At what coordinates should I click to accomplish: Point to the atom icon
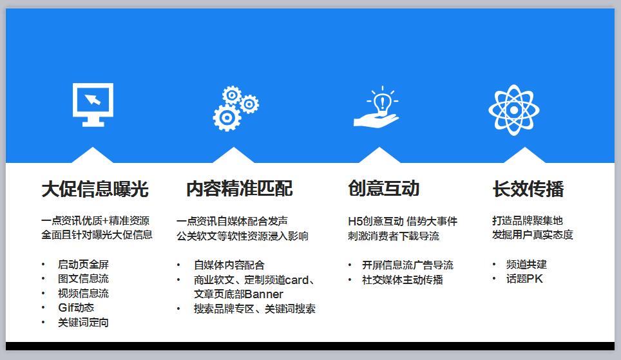tap(513, 109)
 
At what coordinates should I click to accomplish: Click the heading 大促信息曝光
tap(95, 189)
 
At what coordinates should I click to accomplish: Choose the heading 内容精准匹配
tap(240, 189)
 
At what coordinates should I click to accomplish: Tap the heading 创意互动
tap(384, 188)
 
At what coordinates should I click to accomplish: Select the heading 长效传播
tap(528, 189)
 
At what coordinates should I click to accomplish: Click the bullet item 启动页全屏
tap(83, 264)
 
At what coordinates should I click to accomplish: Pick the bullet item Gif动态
tap(76, 307)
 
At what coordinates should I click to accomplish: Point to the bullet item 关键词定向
tap(83, 323)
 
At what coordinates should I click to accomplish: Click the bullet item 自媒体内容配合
tap(229, 265)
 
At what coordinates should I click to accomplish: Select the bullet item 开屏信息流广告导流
tap(408, 265)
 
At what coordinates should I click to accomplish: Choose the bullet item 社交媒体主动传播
tap(403, 280)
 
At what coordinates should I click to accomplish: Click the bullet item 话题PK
tap(524, 279)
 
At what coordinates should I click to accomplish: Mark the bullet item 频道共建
tap(526, 264)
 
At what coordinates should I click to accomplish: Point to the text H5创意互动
tap(376, 221)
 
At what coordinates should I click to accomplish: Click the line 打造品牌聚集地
tap(528, 221)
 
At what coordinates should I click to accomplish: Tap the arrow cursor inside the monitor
tap(93, 99)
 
